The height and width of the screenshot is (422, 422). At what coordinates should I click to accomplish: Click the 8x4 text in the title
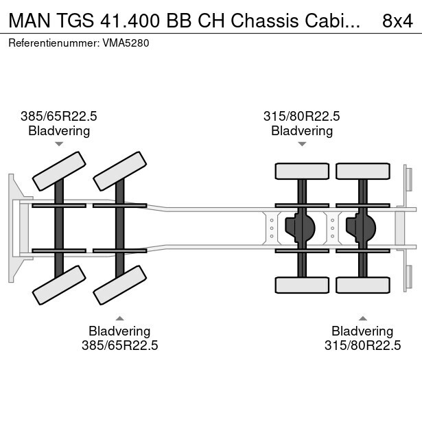(x=396, y=21)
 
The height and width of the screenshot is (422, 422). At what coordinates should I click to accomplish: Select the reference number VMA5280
(x=127, y=43)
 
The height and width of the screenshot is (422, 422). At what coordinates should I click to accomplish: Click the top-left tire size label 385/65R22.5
(x=58, y=117)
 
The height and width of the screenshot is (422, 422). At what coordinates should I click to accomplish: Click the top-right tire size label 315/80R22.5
(x=301, y=117)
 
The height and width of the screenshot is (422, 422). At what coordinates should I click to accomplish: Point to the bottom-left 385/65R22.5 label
(x=120, y=346)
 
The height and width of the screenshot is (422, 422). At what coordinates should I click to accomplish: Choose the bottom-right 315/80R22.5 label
(x=362, y=346)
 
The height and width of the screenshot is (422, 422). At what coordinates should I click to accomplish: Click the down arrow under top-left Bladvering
(x=59, y=144)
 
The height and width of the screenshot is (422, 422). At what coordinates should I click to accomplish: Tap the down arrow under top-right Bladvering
(x=302, y=144)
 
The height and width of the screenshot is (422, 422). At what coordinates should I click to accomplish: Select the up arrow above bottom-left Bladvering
(x=120, y=318)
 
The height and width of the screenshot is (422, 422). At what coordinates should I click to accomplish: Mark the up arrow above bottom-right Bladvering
(x=362, y=318)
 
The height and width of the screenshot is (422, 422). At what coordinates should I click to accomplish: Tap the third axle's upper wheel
(x=302, y=171)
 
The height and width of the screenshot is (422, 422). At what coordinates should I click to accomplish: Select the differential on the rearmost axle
(x=363, y=227)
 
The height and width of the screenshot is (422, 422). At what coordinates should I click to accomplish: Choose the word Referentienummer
(x=52, y=43)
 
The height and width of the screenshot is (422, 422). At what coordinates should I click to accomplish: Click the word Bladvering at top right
(x=302, y=130)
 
